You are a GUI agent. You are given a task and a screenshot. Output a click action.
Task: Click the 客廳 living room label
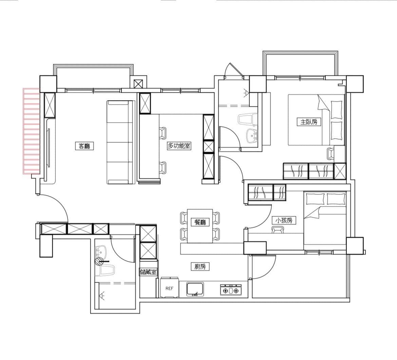pyautogui.click(x=84, y=146)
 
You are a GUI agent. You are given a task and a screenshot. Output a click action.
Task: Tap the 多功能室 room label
pyautogui.click(x=179, y=146)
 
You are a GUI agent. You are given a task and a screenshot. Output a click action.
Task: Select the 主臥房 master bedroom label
pyautogui.click(x=309, y=122)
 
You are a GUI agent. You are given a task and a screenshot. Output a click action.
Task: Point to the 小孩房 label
pyautogui.click(x=284, y=220)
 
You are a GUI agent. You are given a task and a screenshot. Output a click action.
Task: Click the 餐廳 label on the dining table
pyautogui.click(x=200, y=222)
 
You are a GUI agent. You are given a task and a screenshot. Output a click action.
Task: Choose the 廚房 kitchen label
pyautogui.click(x=200, y=267)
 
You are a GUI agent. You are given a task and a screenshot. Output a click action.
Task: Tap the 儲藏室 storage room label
pyautogui.click(x=148, y=272)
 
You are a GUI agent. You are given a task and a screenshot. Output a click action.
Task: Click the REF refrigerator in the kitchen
pyautogui.click(x=169, y=288)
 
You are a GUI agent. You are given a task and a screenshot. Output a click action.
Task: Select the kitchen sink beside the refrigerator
pyautogui.click(x=195, y=289)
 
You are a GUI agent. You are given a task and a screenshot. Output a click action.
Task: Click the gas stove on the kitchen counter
pyautogui.click(x=231, y=290)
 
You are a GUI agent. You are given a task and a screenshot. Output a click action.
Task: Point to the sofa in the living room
pyautogui.click(x=120, y=142)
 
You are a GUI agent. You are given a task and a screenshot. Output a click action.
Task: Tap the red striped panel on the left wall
pyautogui.click(x=32, y=131)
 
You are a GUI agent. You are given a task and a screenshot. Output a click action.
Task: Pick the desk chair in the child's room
pyautogui.click(x=278, y=230)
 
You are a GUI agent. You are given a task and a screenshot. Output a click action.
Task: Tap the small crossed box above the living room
pyautogui.click(x=138, y=84)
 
